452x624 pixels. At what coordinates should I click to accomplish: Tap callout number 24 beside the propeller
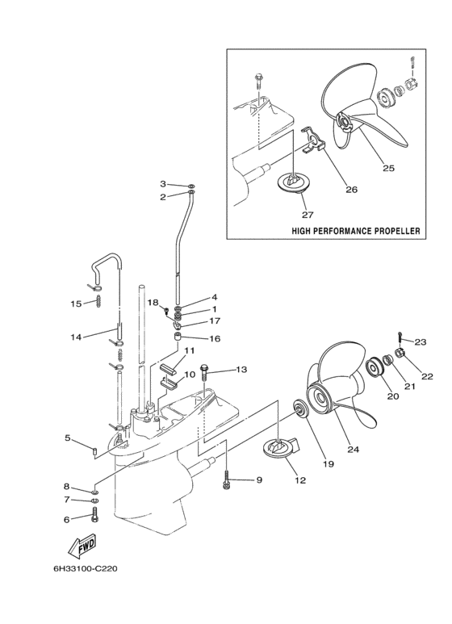point(352,449)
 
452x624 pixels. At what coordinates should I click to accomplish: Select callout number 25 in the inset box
point(388,169)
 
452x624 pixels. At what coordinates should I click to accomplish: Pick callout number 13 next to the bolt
point(241,370)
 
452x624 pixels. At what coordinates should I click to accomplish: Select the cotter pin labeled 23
point(401,335)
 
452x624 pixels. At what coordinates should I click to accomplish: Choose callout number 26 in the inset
point(350,191)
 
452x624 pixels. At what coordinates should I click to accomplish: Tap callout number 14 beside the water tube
point(75,337)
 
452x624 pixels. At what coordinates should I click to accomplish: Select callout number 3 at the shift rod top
point(162,185)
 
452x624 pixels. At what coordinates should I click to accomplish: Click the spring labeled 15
point(98,302)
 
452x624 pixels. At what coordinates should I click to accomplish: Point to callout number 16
point(215,339)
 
